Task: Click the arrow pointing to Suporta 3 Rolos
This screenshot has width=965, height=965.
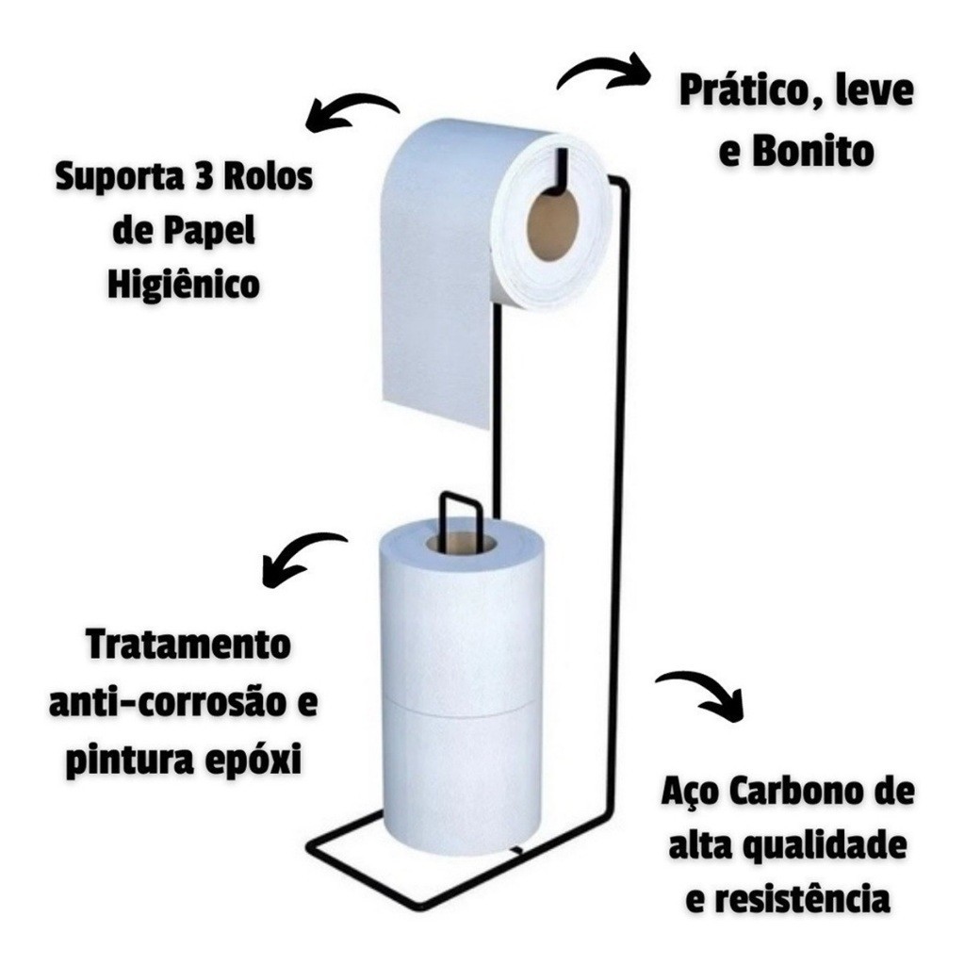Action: coord(351,111)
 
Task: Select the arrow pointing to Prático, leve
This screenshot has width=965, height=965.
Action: coord(604,71)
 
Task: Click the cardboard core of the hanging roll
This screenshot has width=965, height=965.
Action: coord(552,226)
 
